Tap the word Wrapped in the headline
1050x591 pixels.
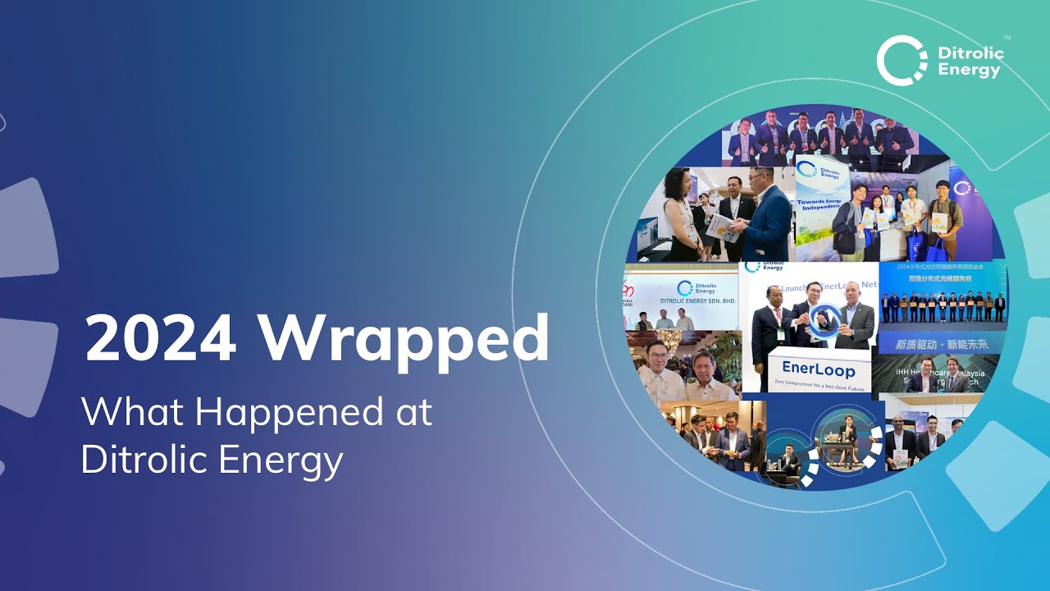coord(404,338)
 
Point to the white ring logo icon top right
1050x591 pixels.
coord(902,60)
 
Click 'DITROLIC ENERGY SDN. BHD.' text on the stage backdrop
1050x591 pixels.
coord(698,301)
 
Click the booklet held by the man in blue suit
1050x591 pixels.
coord(721,226)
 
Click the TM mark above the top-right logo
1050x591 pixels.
coord(1007,38)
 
